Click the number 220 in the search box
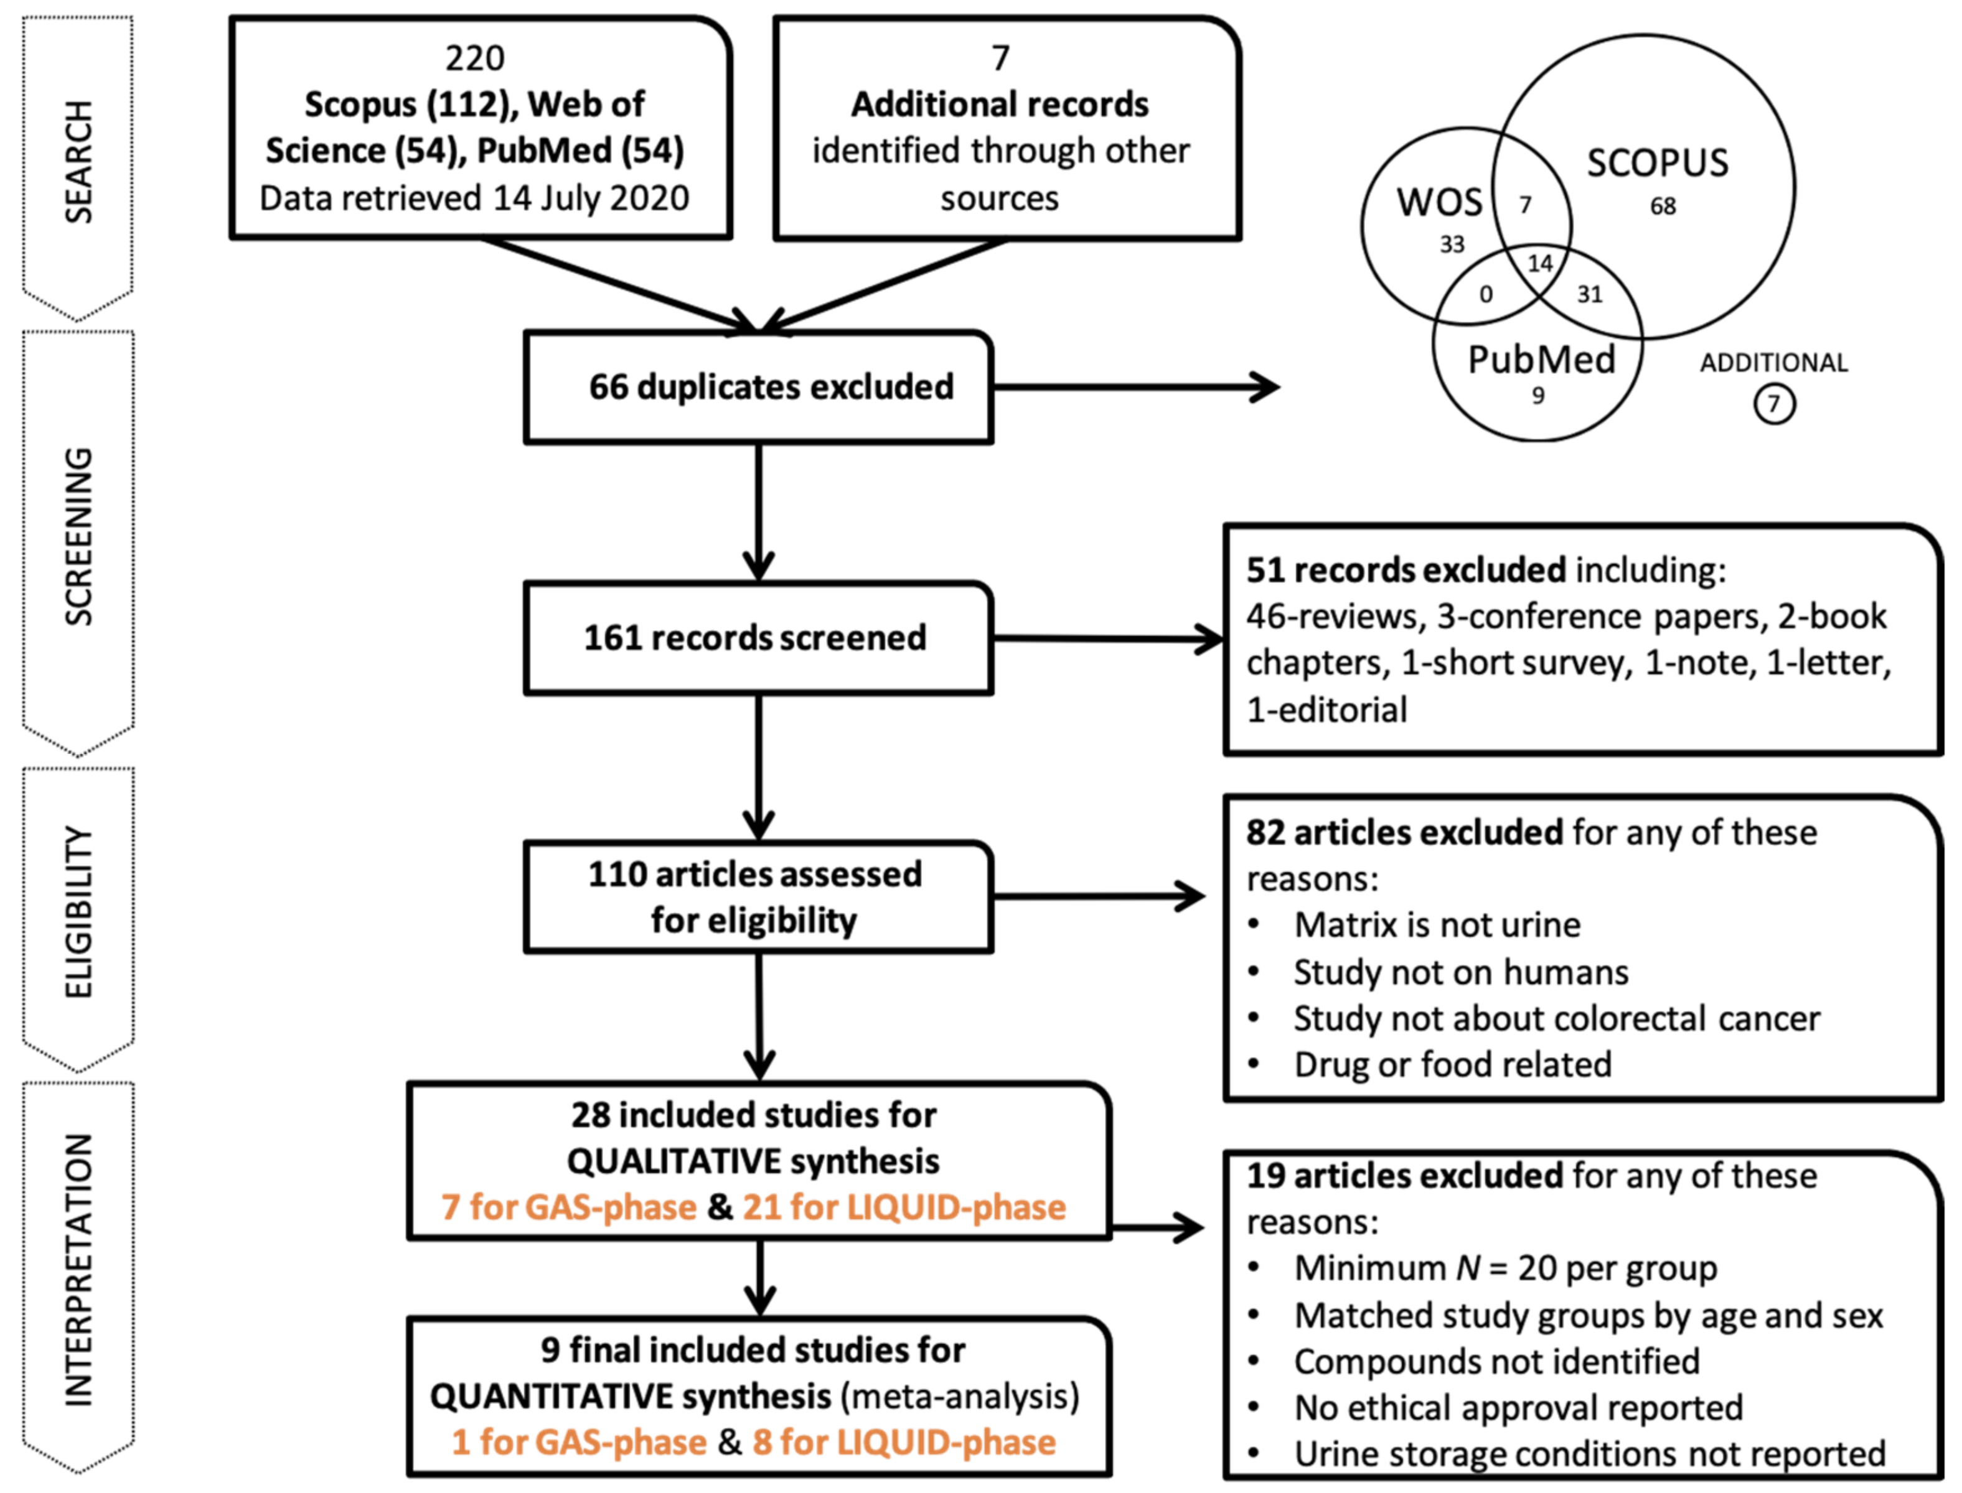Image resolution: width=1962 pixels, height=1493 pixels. click(x=475, y=58)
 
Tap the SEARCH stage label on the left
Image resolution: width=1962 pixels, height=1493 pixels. click(x=78, y=162)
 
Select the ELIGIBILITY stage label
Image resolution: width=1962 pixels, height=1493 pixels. click(x=78, y=912)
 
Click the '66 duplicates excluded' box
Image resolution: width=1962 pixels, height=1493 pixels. click(x=758, y=388)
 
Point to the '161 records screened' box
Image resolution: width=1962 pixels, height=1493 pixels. click(x=758, y=638)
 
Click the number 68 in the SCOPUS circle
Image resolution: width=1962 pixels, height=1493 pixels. click(x=1663, y=206)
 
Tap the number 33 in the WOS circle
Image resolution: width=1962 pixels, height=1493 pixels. click(x=1452, y=244)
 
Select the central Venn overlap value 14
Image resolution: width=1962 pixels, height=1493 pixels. click(x=1540, y=263)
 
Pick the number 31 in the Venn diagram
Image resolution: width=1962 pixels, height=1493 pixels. click(x=1590, y=294)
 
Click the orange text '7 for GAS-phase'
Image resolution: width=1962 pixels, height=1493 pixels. click(x=569, y=1207)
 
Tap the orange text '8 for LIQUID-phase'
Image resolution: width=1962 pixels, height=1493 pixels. click(x=904, y=1441)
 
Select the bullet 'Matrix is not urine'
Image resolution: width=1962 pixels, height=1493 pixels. click(x=1437, y=925)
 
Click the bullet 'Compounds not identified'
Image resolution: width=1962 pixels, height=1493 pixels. click(x=1496, y=1362)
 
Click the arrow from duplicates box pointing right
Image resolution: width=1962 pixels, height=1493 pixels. click(x=1136, y=388)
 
